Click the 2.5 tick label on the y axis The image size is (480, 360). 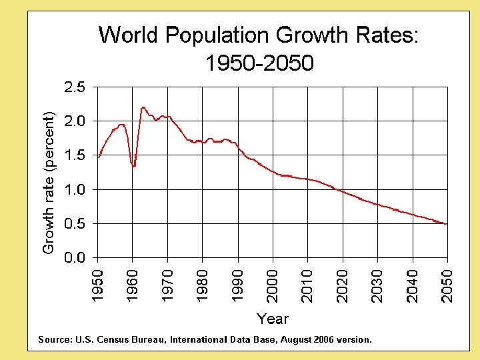coord(74,87)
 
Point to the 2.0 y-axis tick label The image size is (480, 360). coord(74,121)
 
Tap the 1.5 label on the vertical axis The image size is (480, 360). coord(74,155)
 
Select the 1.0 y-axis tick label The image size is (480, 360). coord(74,189)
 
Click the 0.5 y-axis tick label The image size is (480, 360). coord(74,224)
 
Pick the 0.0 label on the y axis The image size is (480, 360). coord(74,258)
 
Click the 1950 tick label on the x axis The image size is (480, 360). coord(97,285)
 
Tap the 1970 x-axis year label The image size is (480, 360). coord(167,285)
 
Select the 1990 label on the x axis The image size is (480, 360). coord(237,285)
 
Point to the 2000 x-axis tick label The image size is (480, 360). coord(273,285)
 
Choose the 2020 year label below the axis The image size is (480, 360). coord(343,285)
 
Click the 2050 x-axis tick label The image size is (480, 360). coord(447,285)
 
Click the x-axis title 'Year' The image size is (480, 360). coord(273,319)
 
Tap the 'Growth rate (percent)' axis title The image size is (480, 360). coord(48,183)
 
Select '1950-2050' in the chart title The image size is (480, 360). coord(259,63)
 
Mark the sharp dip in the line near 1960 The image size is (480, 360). coord(134,166)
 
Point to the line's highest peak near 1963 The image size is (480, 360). coord(143,107)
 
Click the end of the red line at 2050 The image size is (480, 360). coord(446,224)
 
